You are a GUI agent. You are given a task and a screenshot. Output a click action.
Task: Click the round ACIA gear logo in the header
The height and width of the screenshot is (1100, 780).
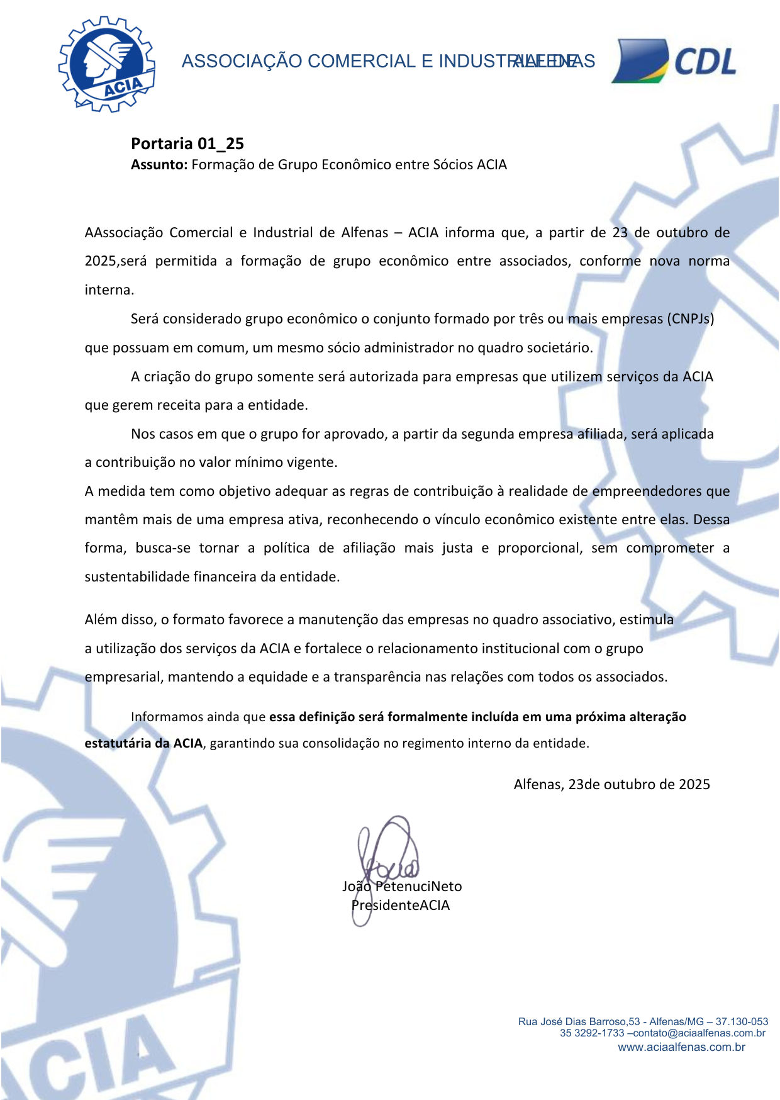click(107, 64)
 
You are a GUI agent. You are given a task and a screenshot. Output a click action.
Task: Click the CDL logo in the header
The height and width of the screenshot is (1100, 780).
click(674, 61)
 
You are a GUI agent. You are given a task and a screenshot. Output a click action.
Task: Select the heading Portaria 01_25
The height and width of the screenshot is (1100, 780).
click(187, 144)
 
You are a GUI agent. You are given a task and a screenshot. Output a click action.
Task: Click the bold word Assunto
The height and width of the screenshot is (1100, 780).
click(159, 165)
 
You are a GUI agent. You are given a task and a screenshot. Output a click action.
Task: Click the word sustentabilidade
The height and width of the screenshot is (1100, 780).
click(137, 577)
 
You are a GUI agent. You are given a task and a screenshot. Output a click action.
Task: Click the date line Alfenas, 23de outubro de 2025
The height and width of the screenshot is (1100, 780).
click(611, 785)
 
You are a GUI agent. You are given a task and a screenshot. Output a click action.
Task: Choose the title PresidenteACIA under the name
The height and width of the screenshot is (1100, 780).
click(401, 906)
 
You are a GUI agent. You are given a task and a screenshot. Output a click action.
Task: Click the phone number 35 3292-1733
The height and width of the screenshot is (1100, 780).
click(592, 1033)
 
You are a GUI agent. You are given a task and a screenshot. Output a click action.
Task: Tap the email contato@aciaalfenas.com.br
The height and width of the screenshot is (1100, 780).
click(699, 1033)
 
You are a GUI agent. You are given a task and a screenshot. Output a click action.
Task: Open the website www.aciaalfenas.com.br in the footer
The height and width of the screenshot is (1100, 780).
click(681, 1047)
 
